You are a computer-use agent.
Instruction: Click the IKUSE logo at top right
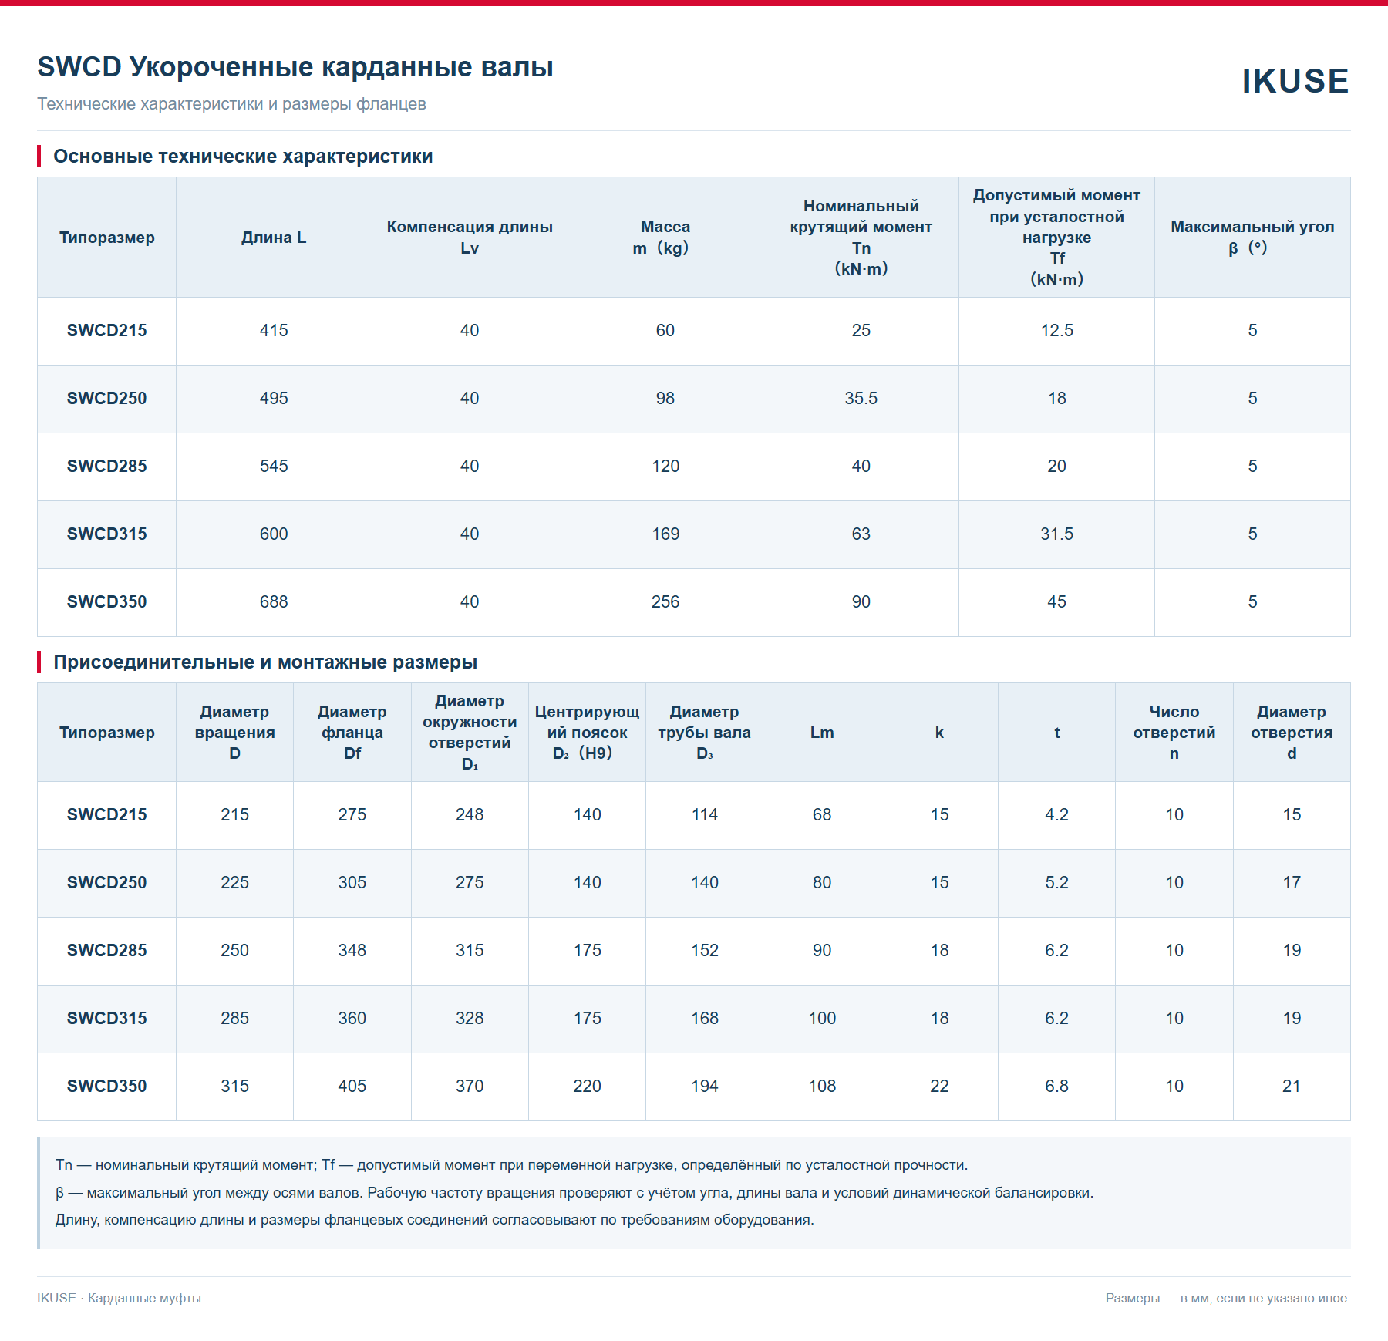(1295, 81)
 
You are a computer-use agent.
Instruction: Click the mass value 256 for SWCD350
(665, 601)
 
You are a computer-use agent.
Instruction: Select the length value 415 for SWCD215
(274, 330)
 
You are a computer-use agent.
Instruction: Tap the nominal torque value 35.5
(861, 398)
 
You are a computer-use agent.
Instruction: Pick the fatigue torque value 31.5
(1056, 534)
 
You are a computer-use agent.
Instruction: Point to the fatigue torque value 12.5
(1056, 330)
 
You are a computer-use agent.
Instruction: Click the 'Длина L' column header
(274, 238)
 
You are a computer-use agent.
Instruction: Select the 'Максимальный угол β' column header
(1252, 237)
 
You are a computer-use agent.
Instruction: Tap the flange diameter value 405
(352, 1086)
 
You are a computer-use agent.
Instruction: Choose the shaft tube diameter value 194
(705, 1086)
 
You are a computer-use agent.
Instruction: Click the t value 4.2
(1056, 814)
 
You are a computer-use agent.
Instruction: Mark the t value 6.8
(1056, 1086)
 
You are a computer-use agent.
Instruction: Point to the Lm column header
(822, 733)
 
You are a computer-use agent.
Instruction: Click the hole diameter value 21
(1292, 1086)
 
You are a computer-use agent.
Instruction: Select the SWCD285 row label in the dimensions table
(106, 950)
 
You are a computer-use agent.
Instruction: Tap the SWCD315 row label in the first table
(106, 534)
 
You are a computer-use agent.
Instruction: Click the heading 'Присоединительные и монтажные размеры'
(265, 662)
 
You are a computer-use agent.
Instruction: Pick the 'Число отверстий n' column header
(1174, 733)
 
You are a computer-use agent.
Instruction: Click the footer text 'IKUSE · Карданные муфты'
(119, 1298)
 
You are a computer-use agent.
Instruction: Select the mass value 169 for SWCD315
(665, 534)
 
